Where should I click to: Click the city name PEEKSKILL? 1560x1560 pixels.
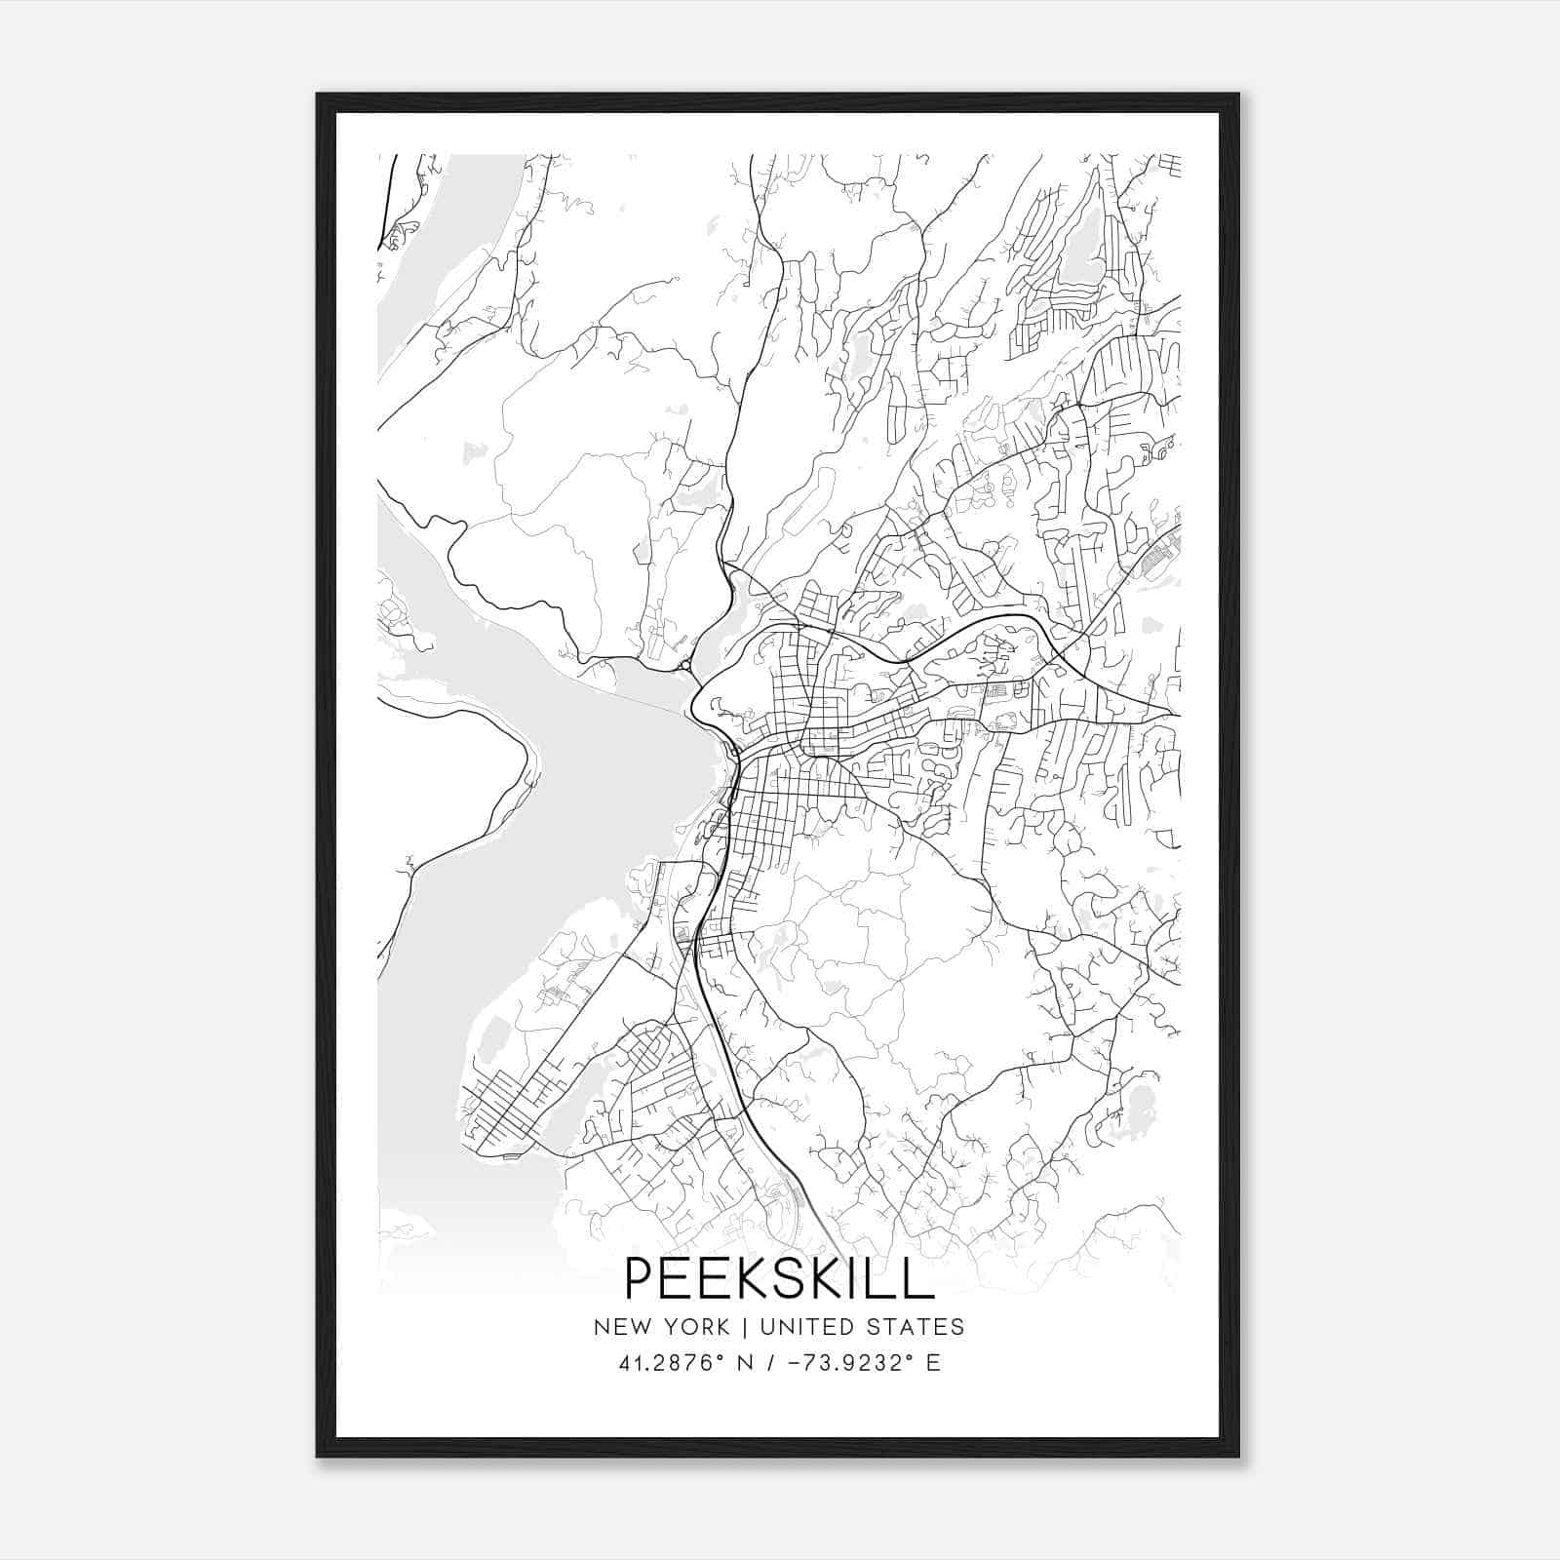(x=779, y=1278)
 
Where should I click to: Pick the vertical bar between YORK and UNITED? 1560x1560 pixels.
(x=745, y=1327)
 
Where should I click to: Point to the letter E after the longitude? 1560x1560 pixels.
(x=933, y=1363)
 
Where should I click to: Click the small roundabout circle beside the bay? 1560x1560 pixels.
(x=686, y=666)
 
